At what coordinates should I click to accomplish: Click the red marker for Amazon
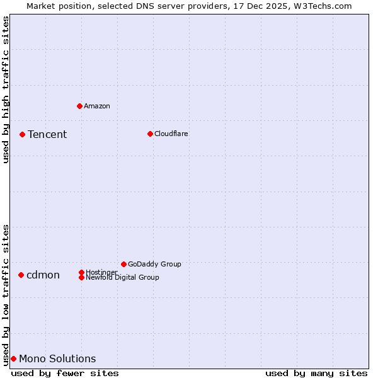pos(79,106)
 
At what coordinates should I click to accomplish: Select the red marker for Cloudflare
pos(150,134)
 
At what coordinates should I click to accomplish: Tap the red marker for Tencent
pos(22,134)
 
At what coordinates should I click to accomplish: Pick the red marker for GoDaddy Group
pos(123,264)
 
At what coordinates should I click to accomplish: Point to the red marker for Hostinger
pos(81,272)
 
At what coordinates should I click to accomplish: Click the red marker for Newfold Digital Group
pos(81,277)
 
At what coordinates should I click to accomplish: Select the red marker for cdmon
pos(21,275)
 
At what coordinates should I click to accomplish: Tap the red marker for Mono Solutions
pos(13,358)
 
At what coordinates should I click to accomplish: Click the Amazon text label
pos(97,106)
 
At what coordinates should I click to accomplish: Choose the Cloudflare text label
pos(171,134)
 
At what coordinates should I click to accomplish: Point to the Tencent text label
pos(47,134)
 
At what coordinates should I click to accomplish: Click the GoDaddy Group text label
pos(154,264)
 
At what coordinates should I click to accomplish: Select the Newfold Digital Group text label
pos(122,277)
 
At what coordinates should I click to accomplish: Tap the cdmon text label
pos(43,275)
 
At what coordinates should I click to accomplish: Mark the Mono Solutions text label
pos(57,358)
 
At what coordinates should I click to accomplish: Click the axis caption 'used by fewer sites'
pos(65,373)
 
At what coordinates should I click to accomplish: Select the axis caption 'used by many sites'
pos(316,373)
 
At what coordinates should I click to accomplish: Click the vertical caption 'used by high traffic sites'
pos(6,89)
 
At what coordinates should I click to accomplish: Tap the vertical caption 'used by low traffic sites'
pos(6,294)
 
